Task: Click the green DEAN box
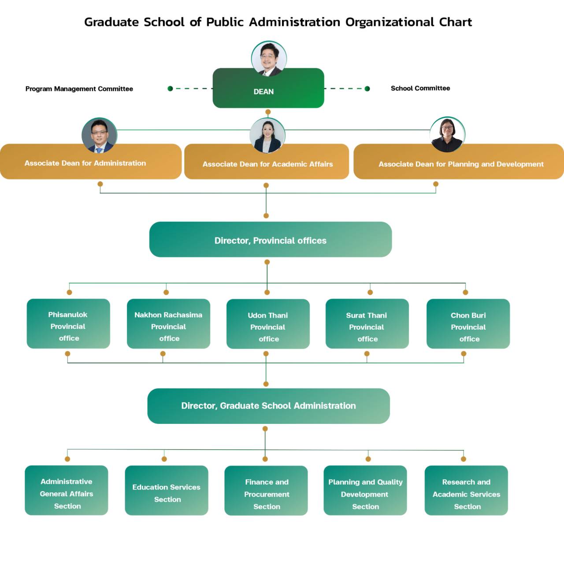tap(268, 92)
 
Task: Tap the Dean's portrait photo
tap(269, 59)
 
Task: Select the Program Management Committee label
tap(79, 89)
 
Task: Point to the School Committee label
tap(420, 88)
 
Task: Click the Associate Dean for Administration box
tap(90, 163)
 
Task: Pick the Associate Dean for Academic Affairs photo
tap(267, 135)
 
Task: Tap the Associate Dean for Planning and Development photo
tap(447, 134)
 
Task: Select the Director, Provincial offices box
tap(271, 240)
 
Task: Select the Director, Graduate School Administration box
tap(268, 406)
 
